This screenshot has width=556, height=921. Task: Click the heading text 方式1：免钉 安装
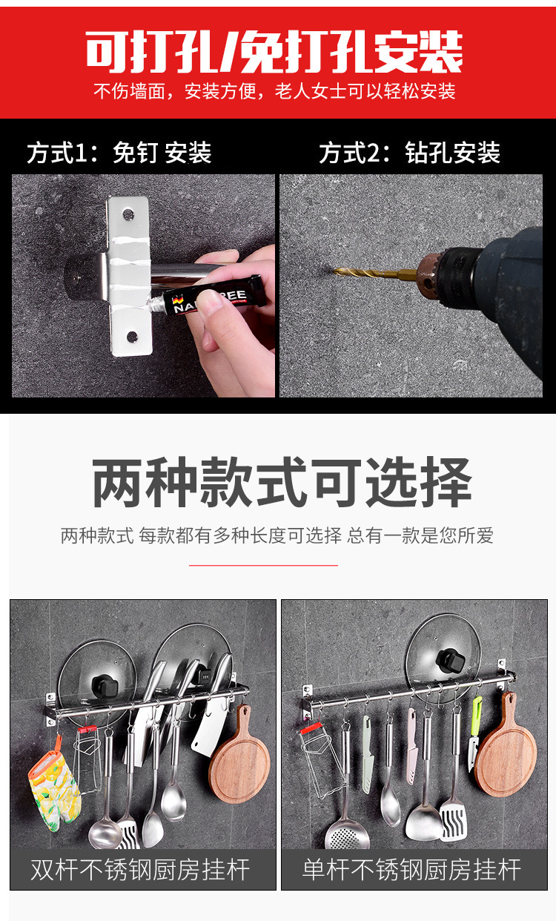[119, 153]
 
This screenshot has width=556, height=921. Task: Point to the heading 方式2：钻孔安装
[409, 153]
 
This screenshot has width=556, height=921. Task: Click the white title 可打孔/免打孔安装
[274, 52]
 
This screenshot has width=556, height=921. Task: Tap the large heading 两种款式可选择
[282, 483]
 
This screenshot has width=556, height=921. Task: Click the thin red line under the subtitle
[263, 565]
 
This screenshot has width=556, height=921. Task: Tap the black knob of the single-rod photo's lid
[448, 658]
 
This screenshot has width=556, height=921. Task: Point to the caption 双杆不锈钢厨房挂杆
[140, 869]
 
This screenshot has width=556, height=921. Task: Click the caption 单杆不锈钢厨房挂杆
[411, 869]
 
